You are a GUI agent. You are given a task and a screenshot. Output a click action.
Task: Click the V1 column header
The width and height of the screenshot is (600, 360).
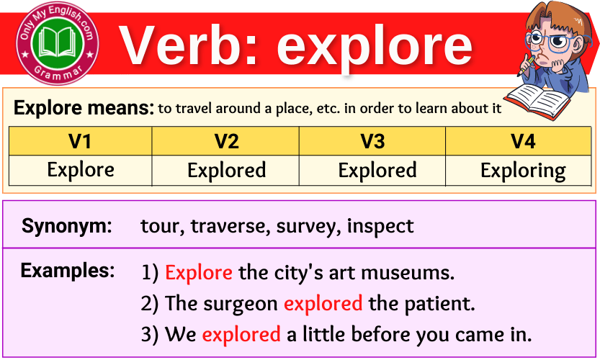[80, 141]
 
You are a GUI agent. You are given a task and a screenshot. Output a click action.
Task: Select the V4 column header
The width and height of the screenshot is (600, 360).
[522, 141]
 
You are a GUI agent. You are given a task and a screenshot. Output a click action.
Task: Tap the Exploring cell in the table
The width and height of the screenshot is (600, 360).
[522, 171]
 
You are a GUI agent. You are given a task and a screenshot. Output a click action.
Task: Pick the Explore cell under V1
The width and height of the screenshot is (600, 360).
[80, 170]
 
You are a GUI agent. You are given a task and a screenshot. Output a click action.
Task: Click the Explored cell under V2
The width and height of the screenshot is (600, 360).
[226, 171]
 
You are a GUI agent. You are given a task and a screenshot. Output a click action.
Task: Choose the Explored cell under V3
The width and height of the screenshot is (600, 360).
[377, 171]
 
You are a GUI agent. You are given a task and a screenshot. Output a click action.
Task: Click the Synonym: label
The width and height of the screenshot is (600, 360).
[67, 226]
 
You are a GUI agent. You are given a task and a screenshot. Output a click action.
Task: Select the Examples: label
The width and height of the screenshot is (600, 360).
[68, 271]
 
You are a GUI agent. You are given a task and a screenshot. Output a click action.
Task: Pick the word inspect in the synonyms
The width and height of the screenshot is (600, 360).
[380, 227]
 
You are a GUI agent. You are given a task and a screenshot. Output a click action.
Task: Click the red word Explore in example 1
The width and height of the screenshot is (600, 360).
[198, 273]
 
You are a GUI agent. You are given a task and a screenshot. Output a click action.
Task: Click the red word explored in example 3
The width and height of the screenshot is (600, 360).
[241, 335]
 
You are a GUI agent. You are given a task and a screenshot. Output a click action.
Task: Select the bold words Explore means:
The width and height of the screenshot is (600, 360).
[84, 109]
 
